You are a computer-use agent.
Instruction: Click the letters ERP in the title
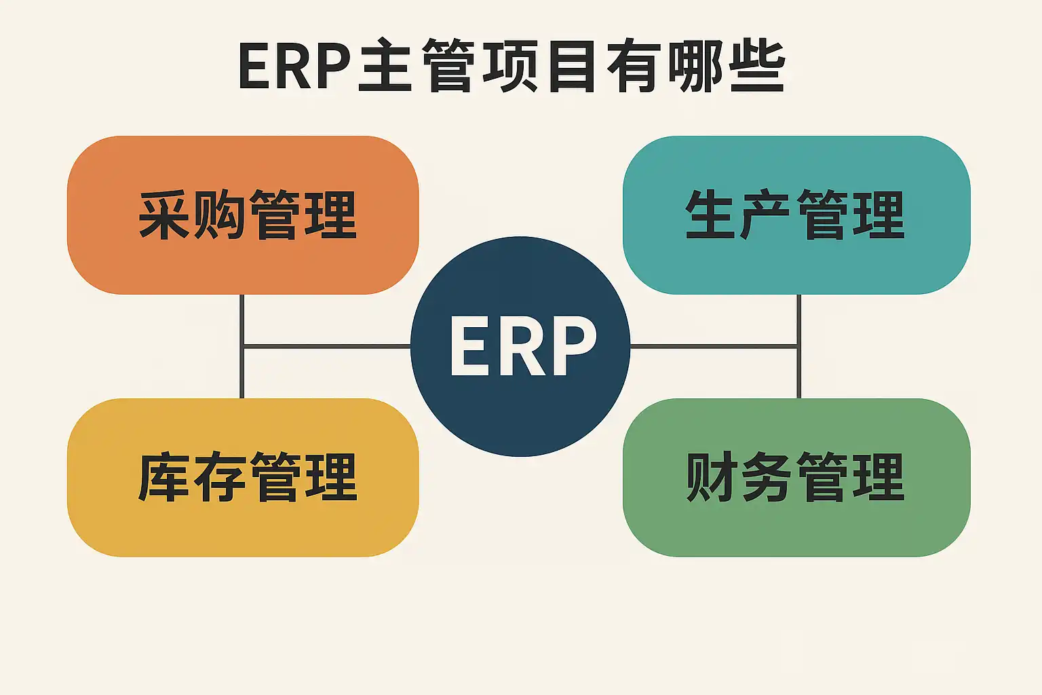294,67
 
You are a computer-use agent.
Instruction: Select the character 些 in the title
758,67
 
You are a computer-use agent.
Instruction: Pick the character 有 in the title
634,67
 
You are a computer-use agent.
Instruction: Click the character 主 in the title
385,67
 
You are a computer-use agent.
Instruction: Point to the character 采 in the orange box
164,215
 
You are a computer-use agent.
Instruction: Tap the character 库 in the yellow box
164,477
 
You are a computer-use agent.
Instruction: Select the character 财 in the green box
712,477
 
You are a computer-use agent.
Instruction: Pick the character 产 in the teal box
767,215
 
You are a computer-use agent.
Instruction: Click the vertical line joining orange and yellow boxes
242,319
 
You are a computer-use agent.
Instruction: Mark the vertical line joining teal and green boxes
798,319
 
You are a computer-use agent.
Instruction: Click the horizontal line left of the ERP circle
326,347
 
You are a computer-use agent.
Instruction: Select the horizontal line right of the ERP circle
712,347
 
